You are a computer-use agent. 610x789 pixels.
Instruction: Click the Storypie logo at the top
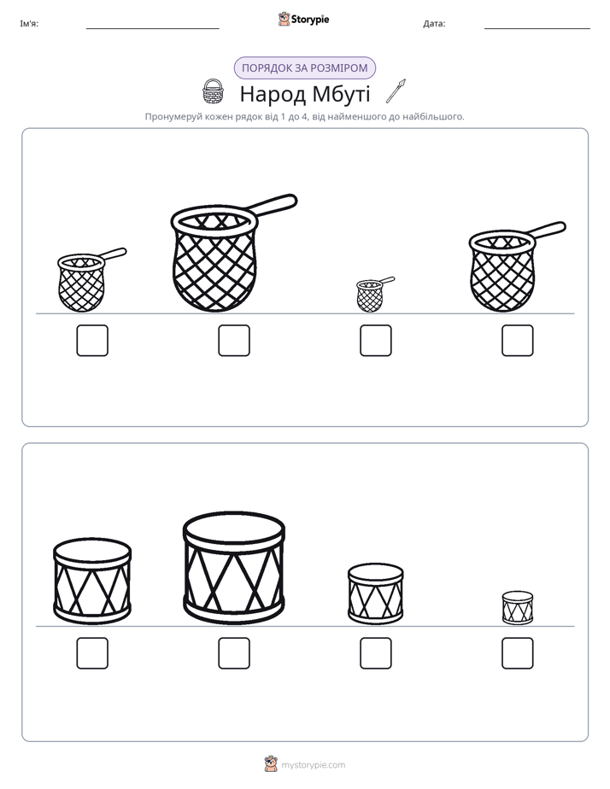(303, 19)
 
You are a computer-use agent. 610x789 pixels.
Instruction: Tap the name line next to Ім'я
(152, 29)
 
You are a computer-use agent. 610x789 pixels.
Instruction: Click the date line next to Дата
(537, 29)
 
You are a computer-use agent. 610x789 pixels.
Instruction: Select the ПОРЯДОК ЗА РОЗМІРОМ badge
(304, 68)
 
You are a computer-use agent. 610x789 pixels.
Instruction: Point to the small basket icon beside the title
(213, 91)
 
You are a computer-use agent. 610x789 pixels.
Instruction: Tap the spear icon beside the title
(396, 91)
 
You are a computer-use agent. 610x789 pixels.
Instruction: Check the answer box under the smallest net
(375, 341)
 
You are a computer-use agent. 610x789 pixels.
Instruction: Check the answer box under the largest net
(234, 341)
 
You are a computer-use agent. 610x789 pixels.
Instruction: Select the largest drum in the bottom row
(234, 568)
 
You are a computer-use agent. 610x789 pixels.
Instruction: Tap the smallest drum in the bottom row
(518, 608)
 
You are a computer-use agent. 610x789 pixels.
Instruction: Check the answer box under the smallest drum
(518, 653)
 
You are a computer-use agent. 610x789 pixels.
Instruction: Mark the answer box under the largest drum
(234, 653)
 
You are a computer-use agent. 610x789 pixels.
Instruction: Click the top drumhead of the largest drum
(234, 529)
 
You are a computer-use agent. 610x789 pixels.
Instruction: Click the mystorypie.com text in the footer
(313, 765)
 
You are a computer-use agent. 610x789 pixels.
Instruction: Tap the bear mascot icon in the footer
(271, 764)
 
